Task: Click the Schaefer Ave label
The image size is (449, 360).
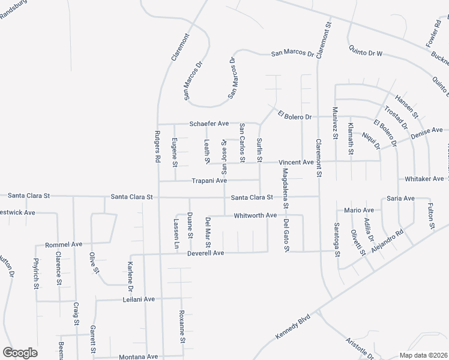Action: pos(209,124)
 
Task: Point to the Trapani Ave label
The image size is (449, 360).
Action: pos(209,180)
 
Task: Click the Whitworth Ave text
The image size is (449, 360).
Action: pos(255,215)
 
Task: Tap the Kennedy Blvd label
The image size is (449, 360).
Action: pos(292,327)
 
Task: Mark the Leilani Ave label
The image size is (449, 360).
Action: pos(139,299)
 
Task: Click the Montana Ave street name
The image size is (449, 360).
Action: pos(138,356)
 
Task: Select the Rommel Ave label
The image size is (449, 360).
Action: pos(64,245)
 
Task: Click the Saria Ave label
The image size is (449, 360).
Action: pos(400,198)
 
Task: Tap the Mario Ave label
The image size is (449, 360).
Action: pos(359,210)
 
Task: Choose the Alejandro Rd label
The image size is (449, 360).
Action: pos(388,239)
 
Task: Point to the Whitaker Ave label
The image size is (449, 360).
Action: pos(424,179)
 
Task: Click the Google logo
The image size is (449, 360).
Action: pos(20,353)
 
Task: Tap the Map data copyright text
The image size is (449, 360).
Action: pos(423,355)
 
